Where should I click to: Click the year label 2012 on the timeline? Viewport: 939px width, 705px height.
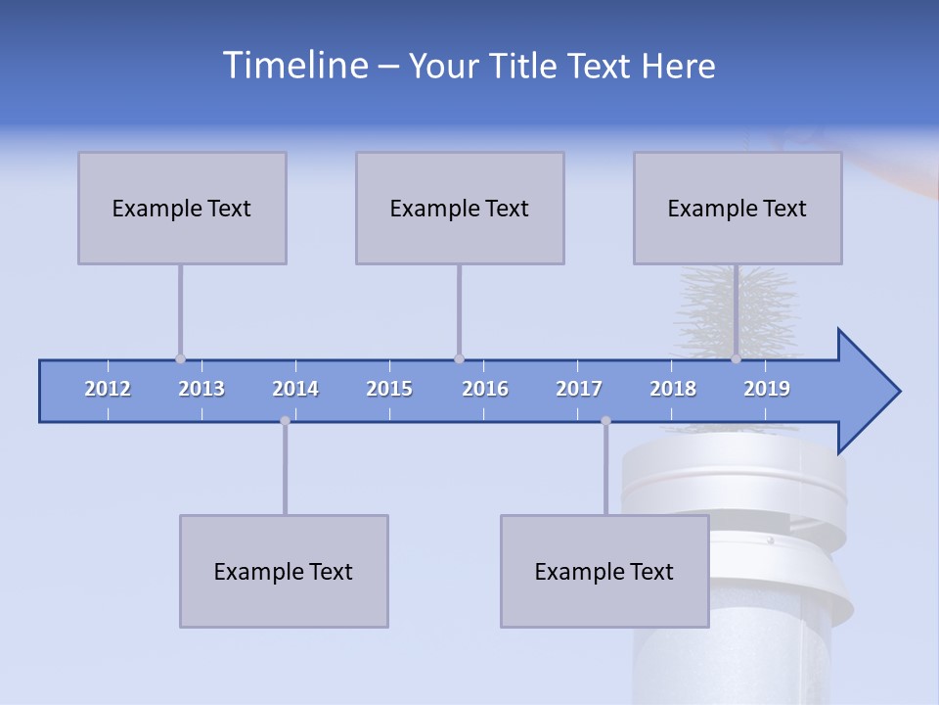[108, 389]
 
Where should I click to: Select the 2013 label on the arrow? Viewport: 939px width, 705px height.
[201, 389]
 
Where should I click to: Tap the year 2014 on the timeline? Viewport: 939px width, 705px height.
[295, 389]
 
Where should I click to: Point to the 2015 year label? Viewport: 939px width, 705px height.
[389, 389]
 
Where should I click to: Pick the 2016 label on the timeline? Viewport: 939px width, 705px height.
[485, 389]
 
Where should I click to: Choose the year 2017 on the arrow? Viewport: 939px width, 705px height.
[579, 389]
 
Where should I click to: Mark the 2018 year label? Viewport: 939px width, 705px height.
[673, 389]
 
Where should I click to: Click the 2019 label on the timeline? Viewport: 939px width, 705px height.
[767, 389]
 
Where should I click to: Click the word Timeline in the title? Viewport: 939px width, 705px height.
[294, 66]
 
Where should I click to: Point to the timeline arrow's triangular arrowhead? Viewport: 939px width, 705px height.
[867, 392]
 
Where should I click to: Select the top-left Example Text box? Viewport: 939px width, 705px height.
[182, 208]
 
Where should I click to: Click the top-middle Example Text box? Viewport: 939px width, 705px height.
[460, 208]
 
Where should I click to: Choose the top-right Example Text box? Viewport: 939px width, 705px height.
[738, 208]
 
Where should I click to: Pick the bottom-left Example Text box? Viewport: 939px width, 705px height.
[284, 571]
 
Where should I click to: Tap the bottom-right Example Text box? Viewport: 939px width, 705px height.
[604, 571]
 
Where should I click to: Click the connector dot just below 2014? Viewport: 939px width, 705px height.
[285, 421]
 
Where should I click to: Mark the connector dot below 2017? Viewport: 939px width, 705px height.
[605, 421]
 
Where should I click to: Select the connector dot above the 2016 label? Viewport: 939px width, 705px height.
[459, 359]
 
